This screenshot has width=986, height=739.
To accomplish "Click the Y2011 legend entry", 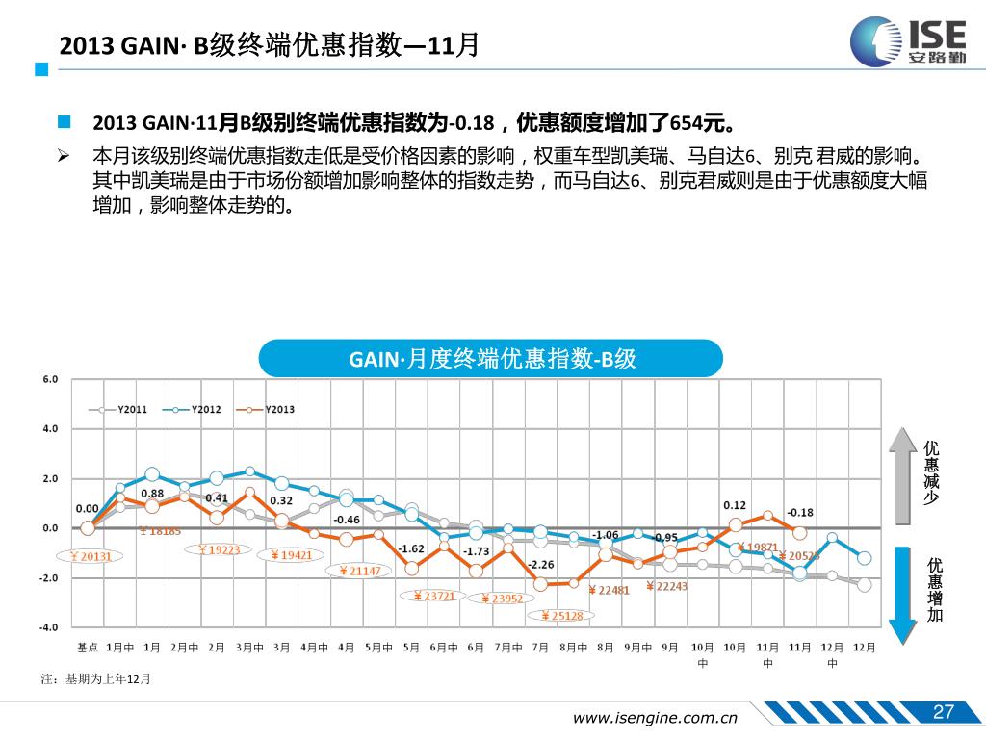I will (x=125, y=409).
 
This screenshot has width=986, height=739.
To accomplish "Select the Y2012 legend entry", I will (x=198, y=409).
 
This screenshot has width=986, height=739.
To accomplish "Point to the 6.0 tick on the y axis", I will (x=50, y=379).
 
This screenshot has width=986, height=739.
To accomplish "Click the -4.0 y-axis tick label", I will (x=48, y=627).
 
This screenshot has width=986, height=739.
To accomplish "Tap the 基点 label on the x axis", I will (x=88, y=648).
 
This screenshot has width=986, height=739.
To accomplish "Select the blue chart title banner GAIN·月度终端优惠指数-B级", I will (x=491, y=359).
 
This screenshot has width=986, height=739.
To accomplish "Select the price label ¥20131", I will (x=89, y=556).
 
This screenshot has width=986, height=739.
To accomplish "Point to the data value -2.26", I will (x=540, y=564).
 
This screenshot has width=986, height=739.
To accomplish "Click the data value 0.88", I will (x=152, y=494).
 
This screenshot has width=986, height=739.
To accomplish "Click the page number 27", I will (x=943, y=712).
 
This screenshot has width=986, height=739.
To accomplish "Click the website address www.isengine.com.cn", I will (x=655, y=717).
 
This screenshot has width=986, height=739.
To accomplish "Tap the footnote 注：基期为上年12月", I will (x=96, y=679).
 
